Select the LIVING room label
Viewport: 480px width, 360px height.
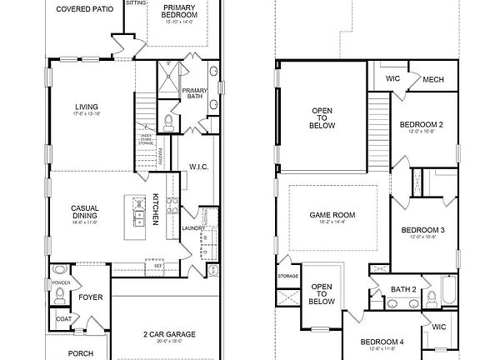click(87, 107)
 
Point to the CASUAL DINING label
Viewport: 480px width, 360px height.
click(86, 212)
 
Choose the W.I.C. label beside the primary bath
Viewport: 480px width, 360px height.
click(197, 166)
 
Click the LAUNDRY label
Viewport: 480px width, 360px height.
click(193, 227)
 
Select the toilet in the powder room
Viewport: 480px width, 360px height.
click(58, 271)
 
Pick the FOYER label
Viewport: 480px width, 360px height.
click(90, 297)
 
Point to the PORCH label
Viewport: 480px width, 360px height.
click(81, 353)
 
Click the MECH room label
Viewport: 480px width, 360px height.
click(432, 79)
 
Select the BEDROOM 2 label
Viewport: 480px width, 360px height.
click(421, 125)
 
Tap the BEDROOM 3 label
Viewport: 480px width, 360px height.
click(422, 230)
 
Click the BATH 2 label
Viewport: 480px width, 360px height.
click(403, 289)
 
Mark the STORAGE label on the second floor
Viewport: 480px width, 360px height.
click(288, 276)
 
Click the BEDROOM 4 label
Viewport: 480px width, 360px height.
click(382, 342)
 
